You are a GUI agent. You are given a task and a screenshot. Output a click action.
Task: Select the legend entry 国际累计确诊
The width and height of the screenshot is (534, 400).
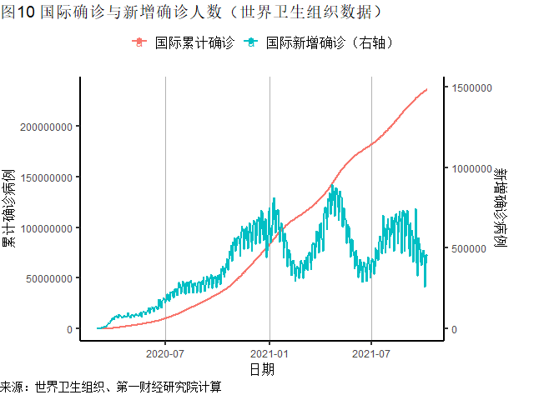pyautogui.click(x=194, y=42)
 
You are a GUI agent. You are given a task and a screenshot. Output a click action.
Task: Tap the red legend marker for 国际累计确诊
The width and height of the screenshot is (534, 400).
pyautogui.click(x=139, y=42)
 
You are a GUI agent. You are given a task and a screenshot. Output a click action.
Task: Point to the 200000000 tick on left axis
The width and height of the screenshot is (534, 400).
pyautogui.click(x=41, y=127)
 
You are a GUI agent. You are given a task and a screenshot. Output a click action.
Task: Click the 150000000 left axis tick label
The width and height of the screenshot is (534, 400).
pyautogui.click(x=41, y=177)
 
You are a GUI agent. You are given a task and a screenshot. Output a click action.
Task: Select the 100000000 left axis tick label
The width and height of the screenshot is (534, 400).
pyautogui.click(x=41, y=227)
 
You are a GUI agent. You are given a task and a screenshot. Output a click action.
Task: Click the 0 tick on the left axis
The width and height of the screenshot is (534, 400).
pyautogui.click(x=69, y=329)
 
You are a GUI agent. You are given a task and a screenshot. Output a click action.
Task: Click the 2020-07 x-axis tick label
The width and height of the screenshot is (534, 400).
pyautogui.click(x=165, y=352)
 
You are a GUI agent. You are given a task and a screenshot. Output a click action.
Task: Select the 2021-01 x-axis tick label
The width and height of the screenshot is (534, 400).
pyautogui.click(x=270, y=352)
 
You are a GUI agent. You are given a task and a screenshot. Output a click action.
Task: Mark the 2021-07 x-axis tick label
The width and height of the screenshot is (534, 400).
pyautogui.click(x=370, y=352)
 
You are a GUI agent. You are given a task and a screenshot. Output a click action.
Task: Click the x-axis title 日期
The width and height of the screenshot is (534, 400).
pyautogui.click(x=262, y=368)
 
